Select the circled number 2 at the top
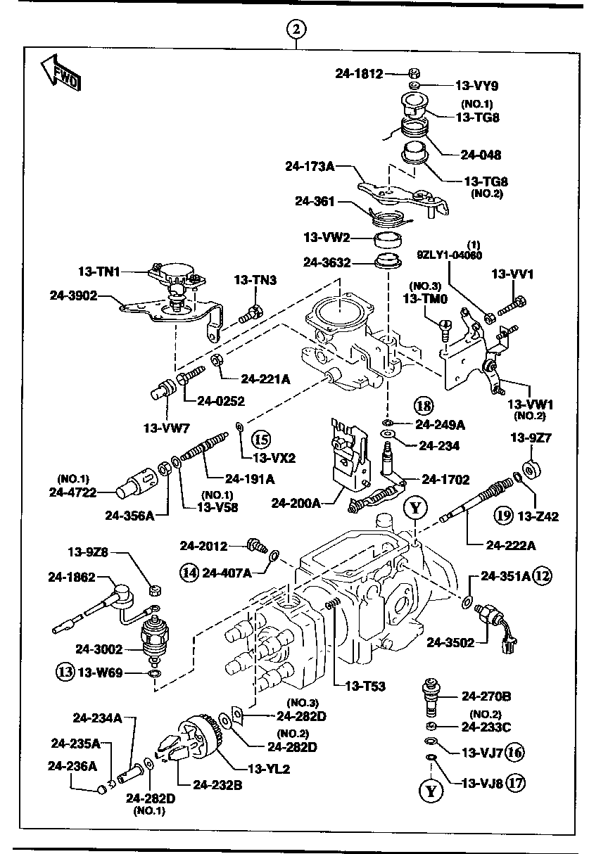coord(297,29)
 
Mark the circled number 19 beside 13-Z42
coord(502,516)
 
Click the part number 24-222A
coord(512,544)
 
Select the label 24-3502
coord(452,642)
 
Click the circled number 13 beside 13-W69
coord(65,672)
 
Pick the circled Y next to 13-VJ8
coord(431,791)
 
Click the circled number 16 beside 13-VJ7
coord(515,752)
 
